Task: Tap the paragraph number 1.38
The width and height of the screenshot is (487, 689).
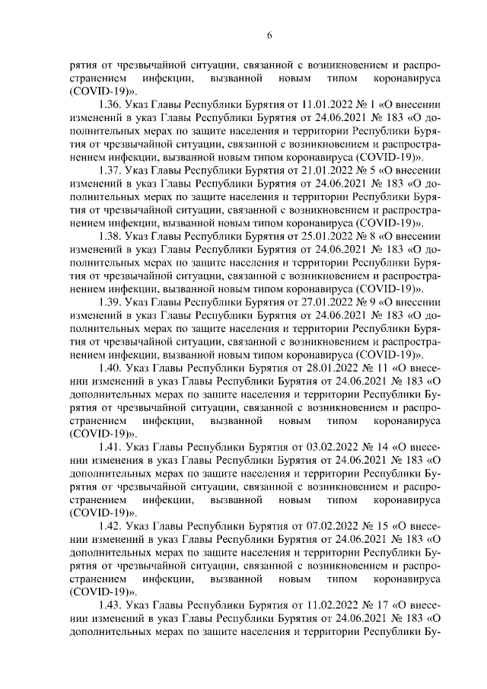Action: click(110, 237)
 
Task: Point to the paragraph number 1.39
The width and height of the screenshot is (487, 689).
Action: click(110, 302)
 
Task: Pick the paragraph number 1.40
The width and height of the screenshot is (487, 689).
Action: click(111, 368)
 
